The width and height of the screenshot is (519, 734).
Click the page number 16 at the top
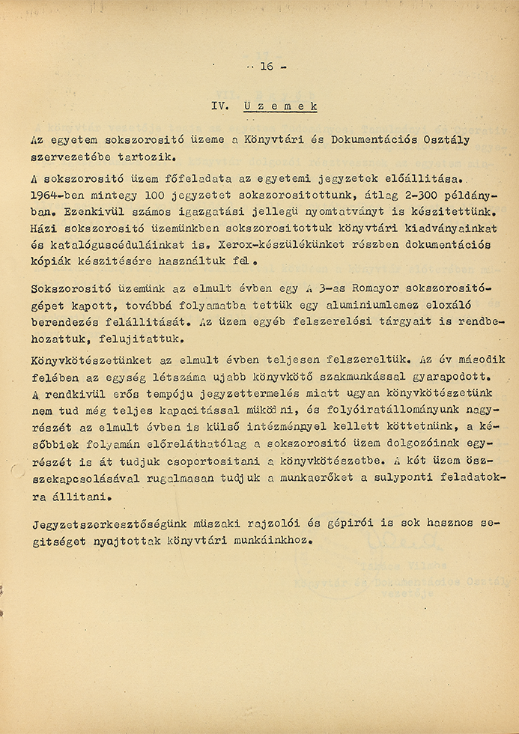coord(267,67)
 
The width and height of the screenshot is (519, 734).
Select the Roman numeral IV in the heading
coord(219,106)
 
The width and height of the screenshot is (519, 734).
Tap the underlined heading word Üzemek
coord(280,106)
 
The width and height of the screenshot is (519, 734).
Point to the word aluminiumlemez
coord(306,306)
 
